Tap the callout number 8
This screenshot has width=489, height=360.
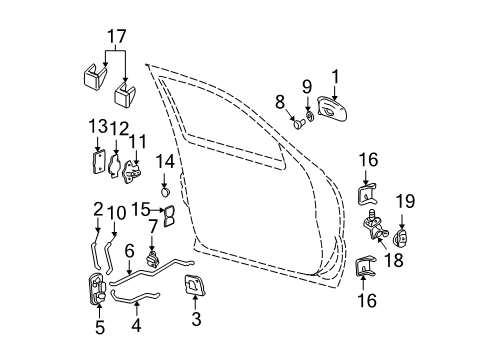coord(281,100)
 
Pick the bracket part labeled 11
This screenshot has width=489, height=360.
coord(131,174)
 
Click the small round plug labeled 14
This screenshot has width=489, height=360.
coord(164,191)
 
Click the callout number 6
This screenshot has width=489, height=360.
coord(131,253)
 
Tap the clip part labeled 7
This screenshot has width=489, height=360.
coord(154,262)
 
